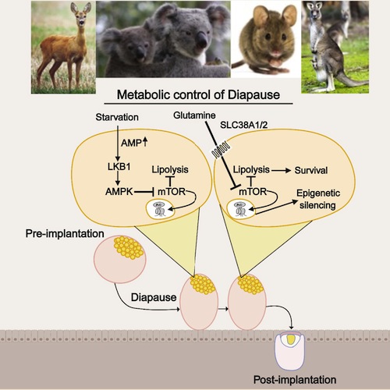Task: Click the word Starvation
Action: coord(117,117)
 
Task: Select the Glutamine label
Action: coord(194,115)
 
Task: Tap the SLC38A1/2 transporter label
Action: coord(243,125)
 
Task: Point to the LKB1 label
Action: coord(119,167)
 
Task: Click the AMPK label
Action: coord(119,192)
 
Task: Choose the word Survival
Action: coord(311,171)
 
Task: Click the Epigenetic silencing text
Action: coord(318,199)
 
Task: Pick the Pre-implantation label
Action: coord(65,233)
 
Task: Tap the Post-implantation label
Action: coord(295,380)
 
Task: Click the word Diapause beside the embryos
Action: coord(154,297)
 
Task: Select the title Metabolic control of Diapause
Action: coord(198,95)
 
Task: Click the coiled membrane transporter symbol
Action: coord(221,151)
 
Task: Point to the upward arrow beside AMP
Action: coord(145,141)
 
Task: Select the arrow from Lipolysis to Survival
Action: coord(281,171)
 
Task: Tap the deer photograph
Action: coord(63,47)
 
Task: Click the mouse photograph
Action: coord(266,39)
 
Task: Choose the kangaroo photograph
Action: coord(335,47)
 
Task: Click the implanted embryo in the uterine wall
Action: coord(290,351)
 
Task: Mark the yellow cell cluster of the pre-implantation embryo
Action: coord(129,247)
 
